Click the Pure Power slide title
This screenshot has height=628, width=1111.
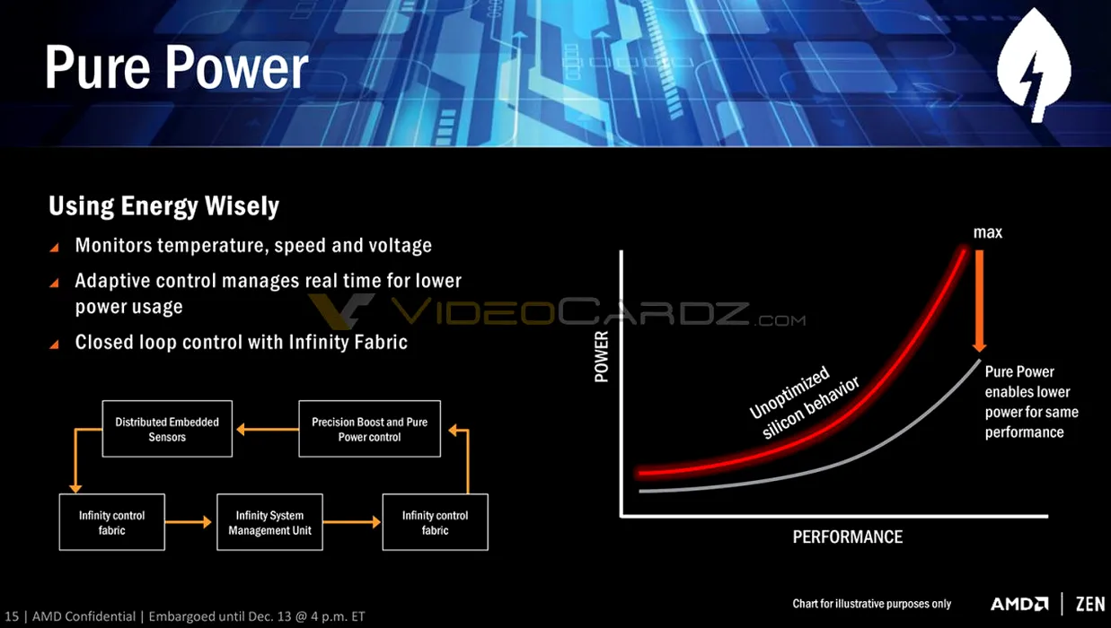click(177, 68)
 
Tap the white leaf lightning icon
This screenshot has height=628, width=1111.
click(1034, 65)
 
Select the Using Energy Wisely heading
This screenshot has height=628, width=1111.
click(163, 206)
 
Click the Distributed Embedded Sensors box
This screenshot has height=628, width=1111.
click(167, 429)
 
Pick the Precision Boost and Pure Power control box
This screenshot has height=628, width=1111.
click(369, 429)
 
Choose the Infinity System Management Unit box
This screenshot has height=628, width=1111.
click(269, 522)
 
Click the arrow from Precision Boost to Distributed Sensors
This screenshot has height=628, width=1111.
click(268, 430)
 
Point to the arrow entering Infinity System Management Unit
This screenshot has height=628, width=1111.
click(189, 522)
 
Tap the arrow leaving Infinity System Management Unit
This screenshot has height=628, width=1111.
click(352, 522)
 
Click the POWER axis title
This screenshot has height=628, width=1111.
click(601, 356)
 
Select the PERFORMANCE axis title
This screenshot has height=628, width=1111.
click(848, 536)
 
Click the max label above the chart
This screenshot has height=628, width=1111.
click(987, 232)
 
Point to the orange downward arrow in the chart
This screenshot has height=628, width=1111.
click(979, 301)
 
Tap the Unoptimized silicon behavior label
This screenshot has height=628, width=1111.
click(804, 402)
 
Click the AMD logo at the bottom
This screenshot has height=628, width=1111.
click(1019, 604)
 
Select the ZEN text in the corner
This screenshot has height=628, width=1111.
click(1090, 604)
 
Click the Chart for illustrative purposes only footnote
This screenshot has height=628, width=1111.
click(871, 604)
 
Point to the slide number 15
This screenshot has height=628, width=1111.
click(12, 616)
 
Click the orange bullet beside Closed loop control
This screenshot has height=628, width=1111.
click(55, 344)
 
